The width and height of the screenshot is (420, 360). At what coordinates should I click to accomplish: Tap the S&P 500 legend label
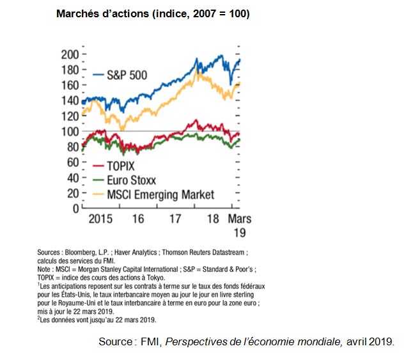(x=127, y=75)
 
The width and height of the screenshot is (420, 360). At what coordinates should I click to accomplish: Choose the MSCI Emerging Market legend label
(x=160, y=194)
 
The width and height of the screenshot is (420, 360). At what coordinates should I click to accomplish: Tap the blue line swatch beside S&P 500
(x=98, y=75)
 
